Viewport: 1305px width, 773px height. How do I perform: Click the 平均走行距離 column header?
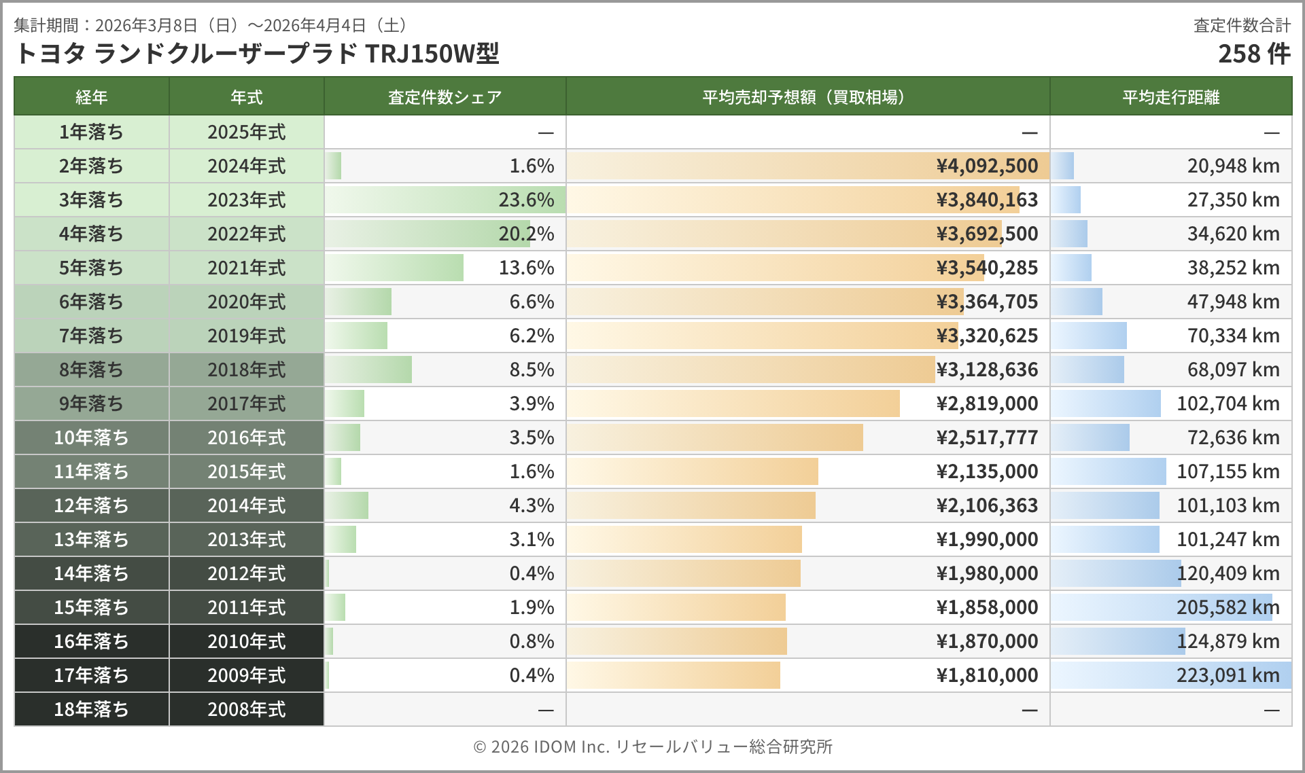tap(1170, 97)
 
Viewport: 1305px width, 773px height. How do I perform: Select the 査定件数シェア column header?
tap(445, 97)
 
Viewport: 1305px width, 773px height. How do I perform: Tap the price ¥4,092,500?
tap(987, 166)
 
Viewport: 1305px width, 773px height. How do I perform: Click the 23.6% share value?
tap(526, 200)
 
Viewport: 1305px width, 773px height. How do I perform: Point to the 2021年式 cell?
tap(246, 268)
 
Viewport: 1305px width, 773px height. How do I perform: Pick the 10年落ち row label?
tap(91, 437)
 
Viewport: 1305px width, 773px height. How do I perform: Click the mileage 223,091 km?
tap(1228, 675)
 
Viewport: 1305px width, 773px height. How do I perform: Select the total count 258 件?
tap(1253, 54)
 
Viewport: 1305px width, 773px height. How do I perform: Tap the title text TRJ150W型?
tap(432, 54)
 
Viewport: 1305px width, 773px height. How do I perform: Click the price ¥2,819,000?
tap(987, 403)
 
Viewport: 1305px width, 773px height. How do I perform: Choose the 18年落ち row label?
tap(91, 709)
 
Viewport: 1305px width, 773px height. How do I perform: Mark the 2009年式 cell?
tap(246, 675)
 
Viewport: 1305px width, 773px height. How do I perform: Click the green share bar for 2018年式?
tap(369, 370)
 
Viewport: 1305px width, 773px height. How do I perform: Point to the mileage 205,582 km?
tap(1228, 607)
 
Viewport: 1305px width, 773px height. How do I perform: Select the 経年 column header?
tap(91, 97)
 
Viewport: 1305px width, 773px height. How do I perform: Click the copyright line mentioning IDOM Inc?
tap(652, 747)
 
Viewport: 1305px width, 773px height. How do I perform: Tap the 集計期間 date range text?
tap(211, 25)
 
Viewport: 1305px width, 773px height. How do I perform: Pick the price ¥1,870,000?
tap(987, 641)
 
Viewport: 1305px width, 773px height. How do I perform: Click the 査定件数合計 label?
tap(1242, 25)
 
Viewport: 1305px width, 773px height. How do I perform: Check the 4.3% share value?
tap(532, 505)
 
